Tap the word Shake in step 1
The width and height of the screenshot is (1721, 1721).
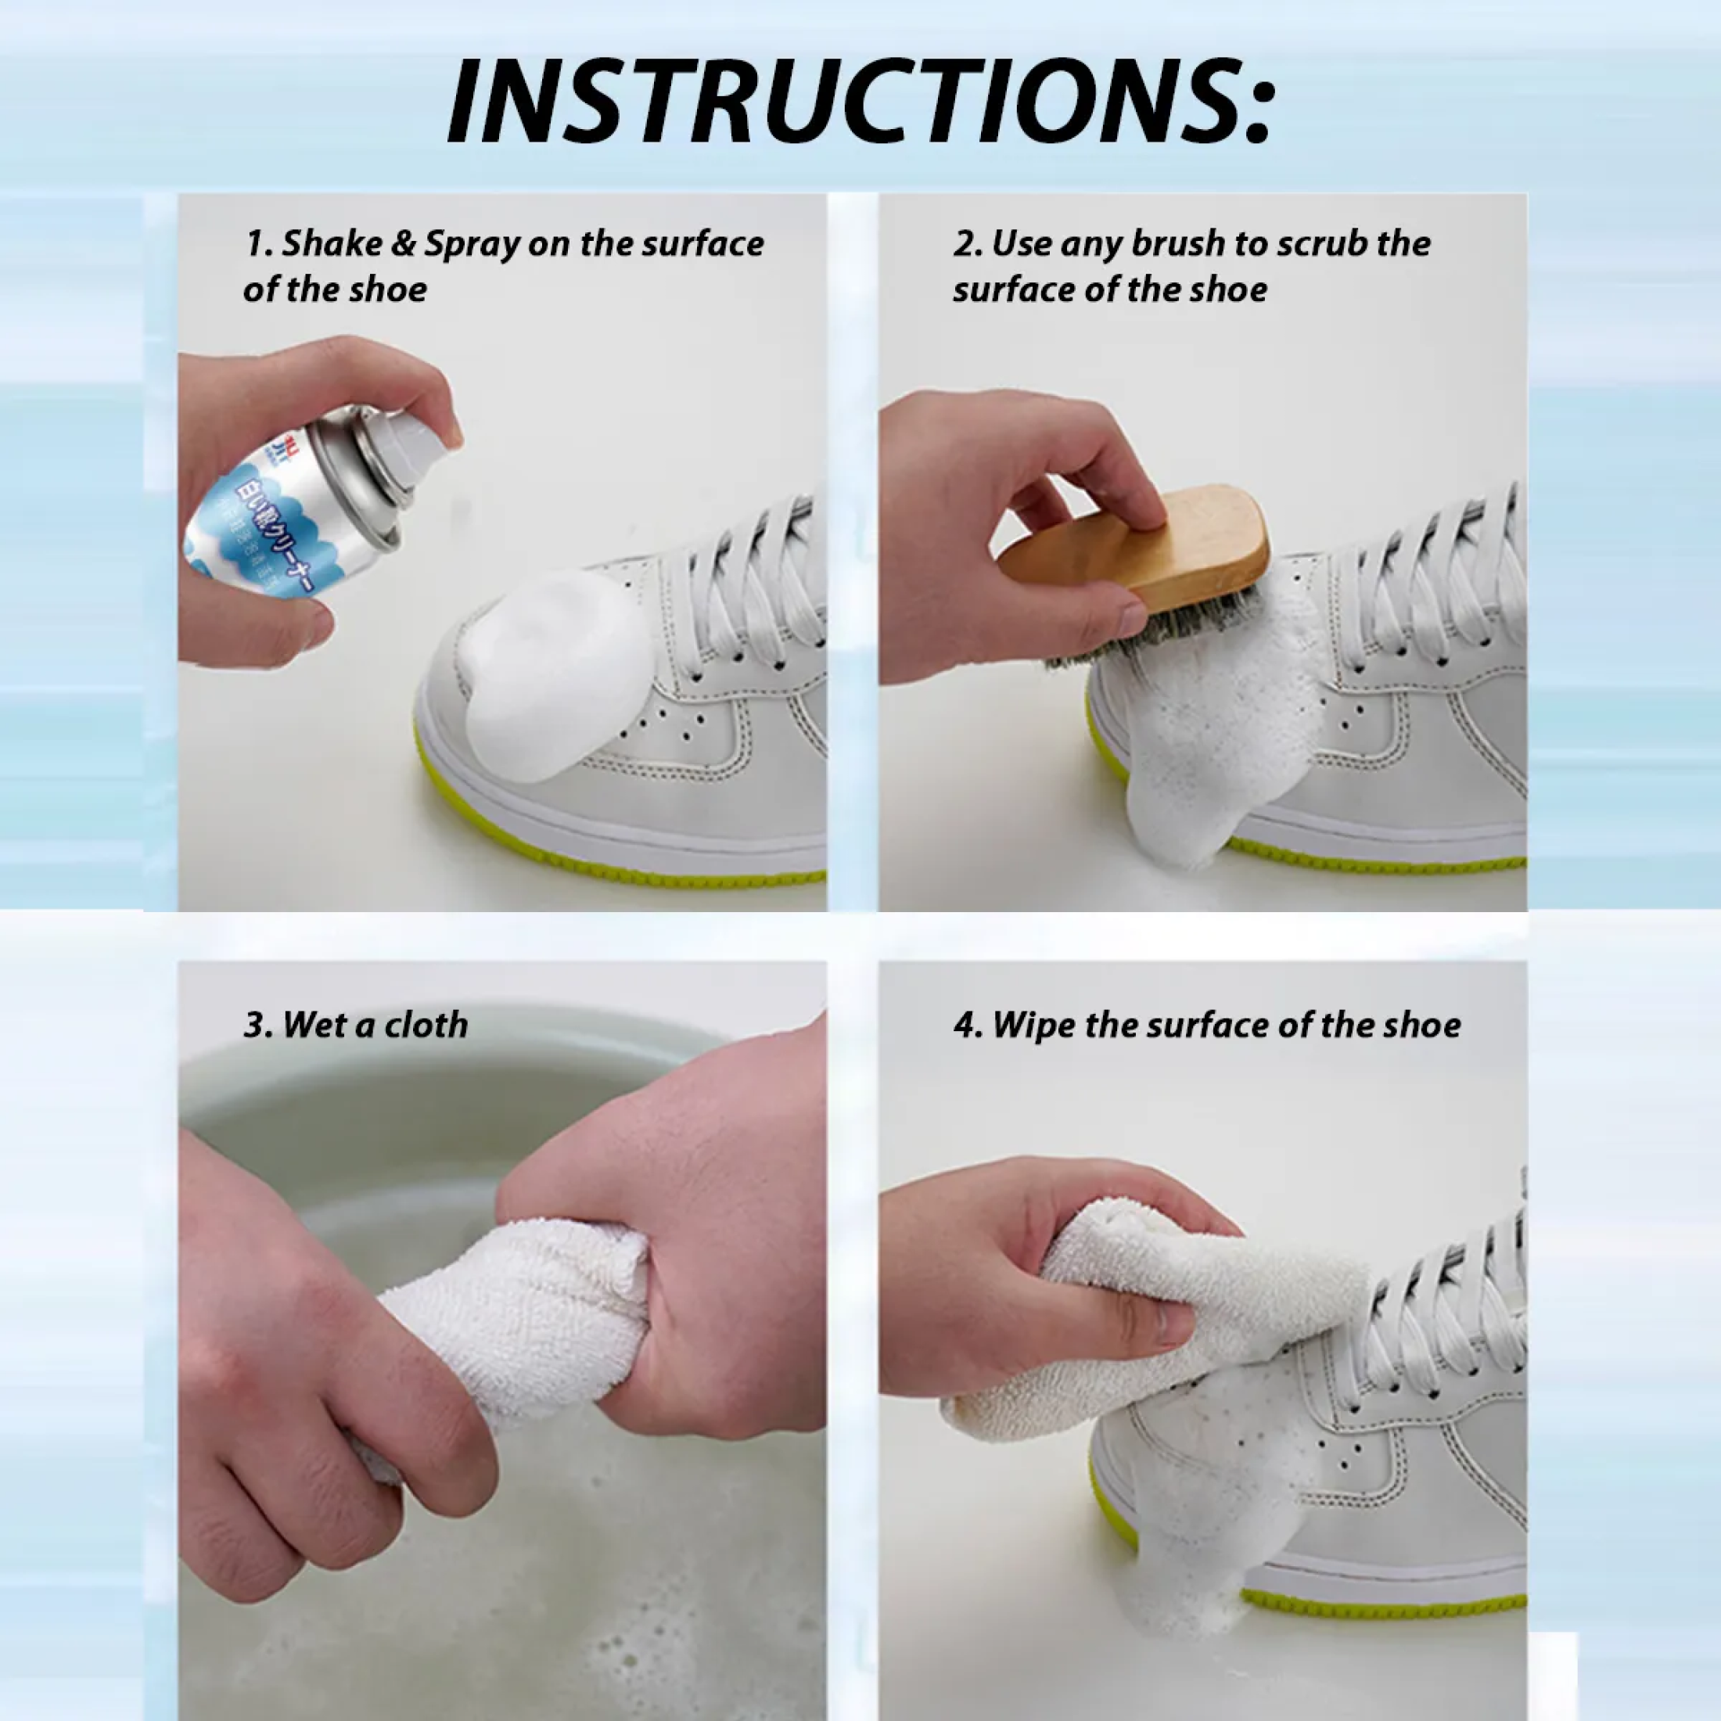click(x=332, y=243)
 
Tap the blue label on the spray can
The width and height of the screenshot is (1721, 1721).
click(x=254, y=534)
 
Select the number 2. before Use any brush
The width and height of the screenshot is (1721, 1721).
click(x=968, y=243)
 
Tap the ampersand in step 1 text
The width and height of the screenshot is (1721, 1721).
click(x=404, y=243)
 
